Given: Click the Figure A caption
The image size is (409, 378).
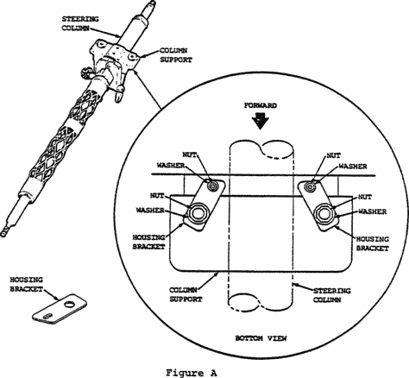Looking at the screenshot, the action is pos(191,373).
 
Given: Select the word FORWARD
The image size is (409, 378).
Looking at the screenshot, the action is pos(261,105).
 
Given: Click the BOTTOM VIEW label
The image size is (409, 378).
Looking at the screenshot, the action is pos(261,338).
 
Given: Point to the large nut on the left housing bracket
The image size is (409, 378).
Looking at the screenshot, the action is pos(197,213).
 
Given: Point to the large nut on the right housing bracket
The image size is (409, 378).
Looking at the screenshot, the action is pos(324,213).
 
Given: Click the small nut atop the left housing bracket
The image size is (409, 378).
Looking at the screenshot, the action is pos(212,186).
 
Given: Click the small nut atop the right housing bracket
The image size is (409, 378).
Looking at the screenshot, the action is pos(310,186).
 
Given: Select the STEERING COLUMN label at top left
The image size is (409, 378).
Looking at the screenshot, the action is pos(80,23).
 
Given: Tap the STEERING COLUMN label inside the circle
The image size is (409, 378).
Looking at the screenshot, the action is pos(331,295).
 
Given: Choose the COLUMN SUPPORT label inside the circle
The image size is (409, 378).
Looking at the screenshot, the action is pos(186,294).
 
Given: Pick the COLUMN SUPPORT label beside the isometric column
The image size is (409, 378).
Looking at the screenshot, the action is pos(176,55).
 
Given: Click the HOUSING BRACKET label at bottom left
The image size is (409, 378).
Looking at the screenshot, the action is pos(27,284).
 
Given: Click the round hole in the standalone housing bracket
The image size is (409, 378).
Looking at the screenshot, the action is pos(69,304).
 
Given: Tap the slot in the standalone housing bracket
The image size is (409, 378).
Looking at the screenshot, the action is pos(47,316).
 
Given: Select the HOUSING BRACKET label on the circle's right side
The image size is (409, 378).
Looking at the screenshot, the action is pos(373,243).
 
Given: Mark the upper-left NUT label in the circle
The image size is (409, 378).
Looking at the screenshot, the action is pos(190,155).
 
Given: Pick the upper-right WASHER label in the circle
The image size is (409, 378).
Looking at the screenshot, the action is pos(353,167).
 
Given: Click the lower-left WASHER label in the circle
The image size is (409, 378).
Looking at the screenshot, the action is pos(150,211).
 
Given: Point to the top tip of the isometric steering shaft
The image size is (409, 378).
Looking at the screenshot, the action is pos(152,2).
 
